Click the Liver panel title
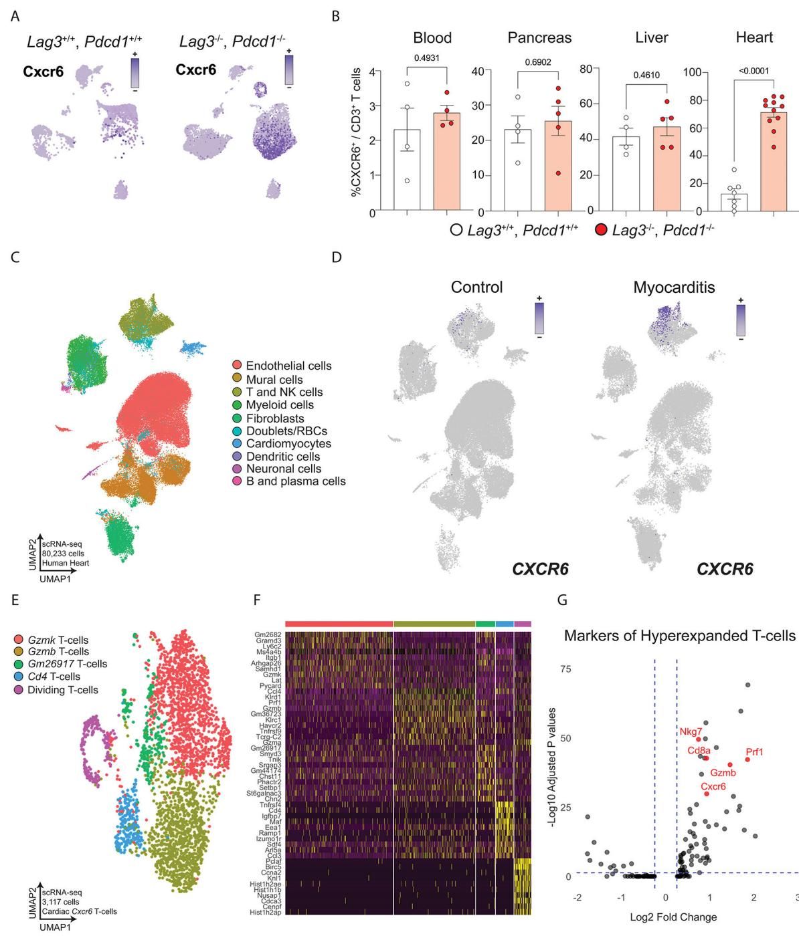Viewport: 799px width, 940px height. coord(651,37)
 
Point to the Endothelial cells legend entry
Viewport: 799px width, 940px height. coord(288,366)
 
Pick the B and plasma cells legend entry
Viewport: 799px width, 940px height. coord(296,481)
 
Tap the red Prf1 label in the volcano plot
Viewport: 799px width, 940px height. coord(754,753)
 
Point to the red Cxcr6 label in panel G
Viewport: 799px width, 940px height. coord(713,787)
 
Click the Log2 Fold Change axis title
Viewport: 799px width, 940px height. coord(673,917)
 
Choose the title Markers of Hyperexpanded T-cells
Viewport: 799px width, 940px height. coord(681,635)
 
